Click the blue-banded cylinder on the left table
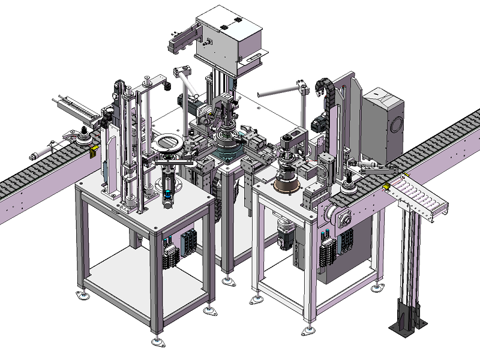tap(169, 193)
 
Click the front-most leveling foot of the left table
tap(158, 342)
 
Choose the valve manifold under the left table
tap(180, 246)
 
